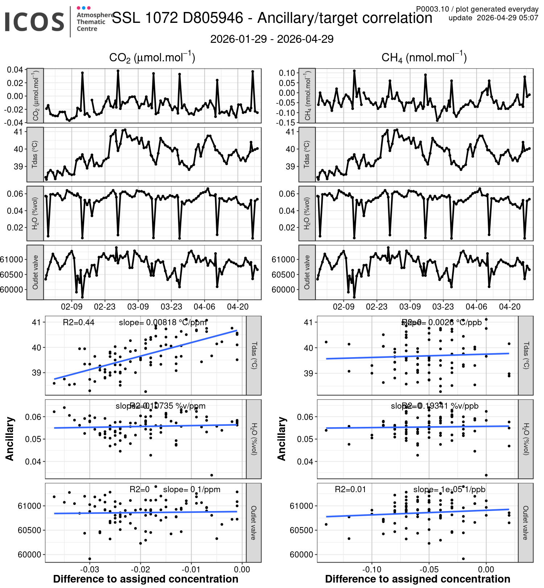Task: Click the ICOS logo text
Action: pyautogui.click(x=34, y=22)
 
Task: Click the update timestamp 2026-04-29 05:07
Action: pyautogui.click(x=507, y=18)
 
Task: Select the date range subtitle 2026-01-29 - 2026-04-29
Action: pyautogui.click(x=272, y=39)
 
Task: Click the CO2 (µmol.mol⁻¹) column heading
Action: pyautogui.click(x=152, y=58)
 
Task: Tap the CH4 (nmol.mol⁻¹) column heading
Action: pyautogui.click(x=424, y=58)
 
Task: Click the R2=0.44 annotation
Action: pyautogui.click(x=78, y=322)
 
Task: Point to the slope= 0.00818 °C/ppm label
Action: pyautogui.click(x=162, y=322)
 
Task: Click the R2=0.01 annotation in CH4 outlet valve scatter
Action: pyautogui.click(x=350, y=489)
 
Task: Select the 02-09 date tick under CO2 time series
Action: pyautogui.click(x=71, y=307)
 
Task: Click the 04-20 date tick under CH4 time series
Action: pyautogui.click(x=510, y=307)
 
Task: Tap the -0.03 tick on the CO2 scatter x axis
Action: pyautogui.click(x=89, y=569)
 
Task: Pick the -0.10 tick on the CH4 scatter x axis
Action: pyautogui.click(x=372, y=569)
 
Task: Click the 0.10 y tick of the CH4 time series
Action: pyautogui.click(x=287, y=73)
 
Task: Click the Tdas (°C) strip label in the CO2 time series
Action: pyautogui.click(x=35, y=154)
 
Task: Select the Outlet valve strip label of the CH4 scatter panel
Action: pyautogui.click(x=526, y=523)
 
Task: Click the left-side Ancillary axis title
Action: pyautogui.click(x=10, y=439)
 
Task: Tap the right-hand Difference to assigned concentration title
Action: pyautogui.click(x=417, y=579)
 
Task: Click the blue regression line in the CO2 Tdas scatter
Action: pyautogui.click(x=145, y=355)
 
